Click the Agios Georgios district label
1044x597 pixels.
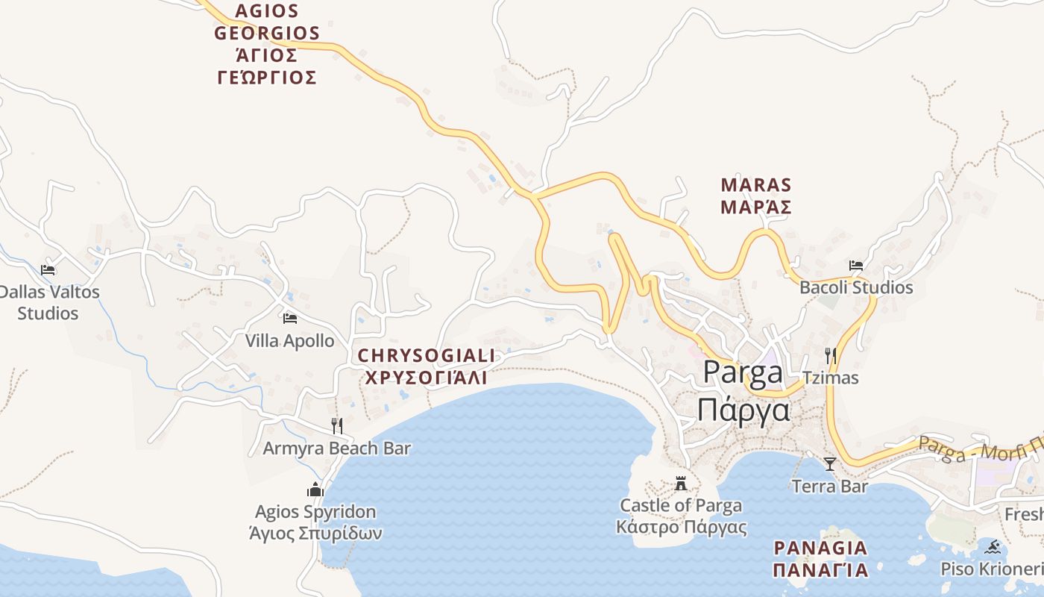pos(267,44)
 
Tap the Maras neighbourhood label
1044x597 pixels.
pos(756,196)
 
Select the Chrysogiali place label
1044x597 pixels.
pos(426,366)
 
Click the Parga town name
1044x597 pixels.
pos(743,391)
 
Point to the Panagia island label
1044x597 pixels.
pos(820,559)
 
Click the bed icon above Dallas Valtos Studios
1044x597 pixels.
pos(48,269)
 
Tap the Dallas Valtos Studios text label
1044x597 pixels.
pos(48,302)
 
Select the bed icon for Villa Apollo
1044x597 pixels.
pos(290,319)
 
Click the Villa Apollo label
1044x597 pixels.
pos(290,341)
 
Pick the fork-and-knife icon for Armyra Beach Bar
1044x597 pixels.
pos(337,425)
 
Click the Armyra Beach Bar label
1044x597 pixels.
pos(337,448)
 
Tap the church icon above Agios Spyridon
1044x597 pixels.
pos(315,490)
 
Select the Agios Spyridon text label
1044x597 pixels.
pos(315,522)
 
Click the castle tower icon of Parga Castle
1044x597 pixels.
pos(681,483)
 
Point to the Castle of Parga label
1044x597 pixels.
pos(681,516)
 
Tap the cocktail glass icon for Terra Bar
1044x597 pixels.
pos(829,464)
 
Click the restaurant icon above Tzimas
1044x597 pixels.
pos(830,355)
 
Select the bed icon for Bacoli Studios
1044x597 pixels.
pos(856,265)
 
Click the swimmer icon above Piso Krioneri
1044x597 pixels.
pos(993,547)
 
